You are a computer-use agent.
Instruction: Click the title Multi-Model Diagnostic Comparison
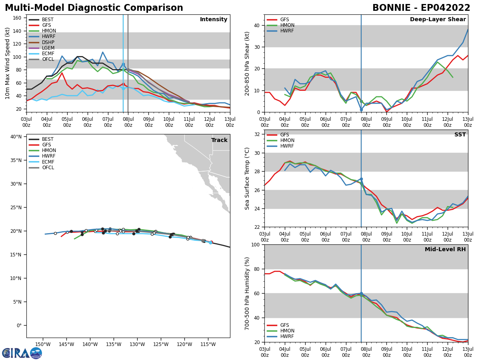click(94, 8)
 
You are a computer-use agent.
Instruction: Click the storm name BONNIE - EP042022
click(421, 8)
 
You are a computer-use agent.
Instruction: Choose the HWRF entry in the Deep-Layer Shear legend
click(287, 31)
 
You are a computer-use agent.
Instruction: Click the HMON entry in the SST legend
click(287, 140)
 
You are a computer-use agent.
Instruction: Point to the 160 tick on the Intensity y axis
click(18, 18)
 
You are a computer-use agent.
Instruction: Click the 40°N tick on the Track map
click(16, 137)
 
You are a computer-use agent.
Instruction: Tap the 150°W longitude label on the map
click(43, 344)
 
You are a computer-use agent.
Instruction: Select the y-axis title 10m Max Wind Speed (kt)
click(8, 63)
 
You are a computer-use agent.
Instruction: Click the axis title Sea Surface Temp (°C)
click(247, 178)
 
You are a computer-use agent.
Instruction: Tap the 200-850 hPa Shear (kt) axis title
click(247, 63)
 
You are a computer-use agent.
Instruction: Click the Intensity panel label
click(214, 20)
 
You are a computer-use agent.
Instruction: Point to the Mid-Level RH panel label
click(445, 250)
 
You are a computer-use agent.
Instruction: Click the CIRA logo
click(22, 353)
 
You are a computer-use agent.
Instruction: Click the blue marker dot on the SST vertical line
click(361, 179)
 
